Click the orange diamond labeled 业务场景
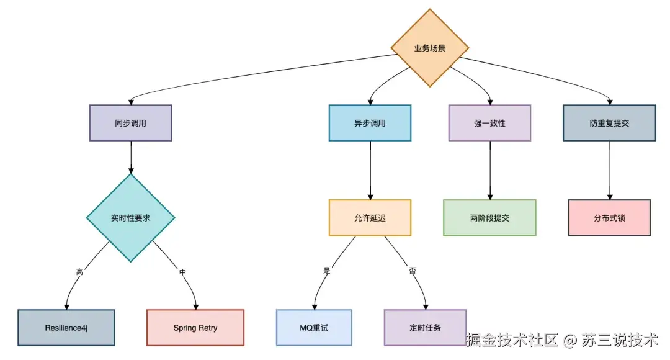coord(429,48)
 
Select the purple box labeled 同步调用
coord(130,123)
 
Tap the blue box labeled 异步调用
coord(370,123)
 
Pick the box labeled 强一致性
coord(489,123)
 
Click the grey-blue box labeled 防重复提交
coord(609,123)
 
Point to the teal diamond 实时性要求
coord(130,218)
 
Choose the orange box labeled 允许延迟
coord(370,218)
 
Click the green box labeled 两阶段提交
coord(489,218)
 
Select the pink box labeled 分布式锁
coord(609,218)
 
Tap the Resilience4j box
coord(66,327)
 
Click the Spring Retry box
coord(195,327)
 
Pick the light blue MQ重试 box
coord(313,327)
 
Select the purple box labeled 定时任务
coord(425,327)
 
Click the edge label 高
coord(79,272)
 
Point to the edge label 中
coord(182,272)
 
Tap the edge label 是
coord(327,271)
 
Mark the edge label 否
coord(413,271)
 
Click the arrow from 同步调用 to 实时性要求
coord(130,156)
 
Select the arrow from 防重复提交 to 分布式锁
coord(609,170)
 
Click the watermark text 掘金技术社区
coord(512,340)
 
